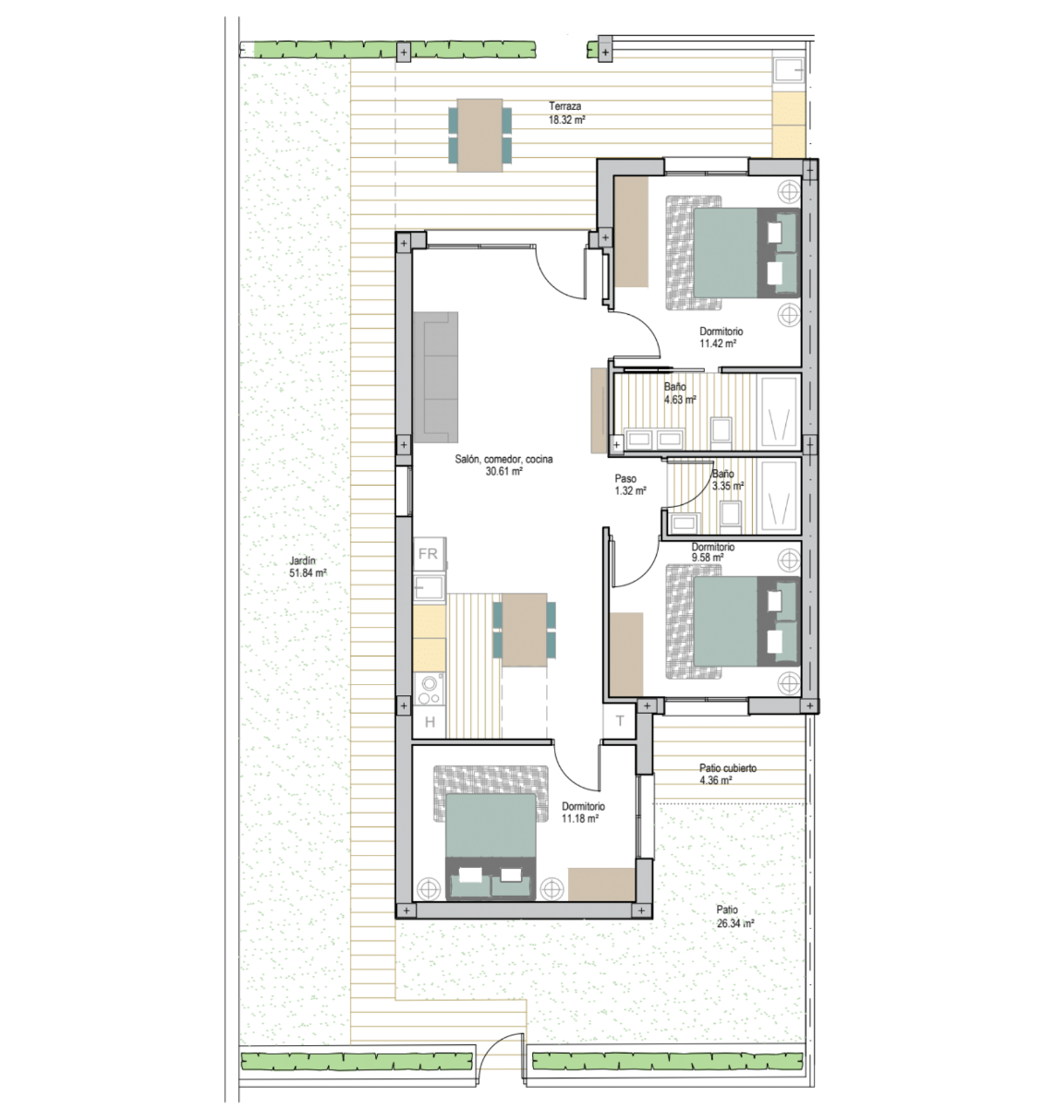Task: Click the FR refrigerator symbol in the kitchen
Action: pyautogui.click(x=429, y=553)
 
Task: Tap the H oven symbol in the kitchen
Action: pyautogui.click(x=430, y=722)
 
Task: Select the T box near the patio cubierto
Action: pyautogui.click(x=619, y=721)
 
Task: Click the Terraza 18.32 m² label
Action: pyautogui.click(x=566, y=113)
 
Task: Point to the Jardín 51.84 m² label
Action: pyautogui.click(x=307, y=567)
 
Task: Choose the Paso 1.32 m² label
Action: pyautogui.click(x=630, y=484)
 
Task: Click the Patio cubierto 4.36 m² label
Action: pyautogui.click(x=728, y=774)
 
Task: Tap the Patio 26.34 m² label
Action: pyautogui.click(x=734, y=917)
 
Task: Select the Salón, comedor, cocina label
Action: pyautogui.click(x=503, y=459)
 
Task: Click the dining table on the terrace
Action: pyautogui.click(x=479, y=135)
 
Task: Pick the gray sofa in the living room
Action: pyautogui.click(x=435, y=377)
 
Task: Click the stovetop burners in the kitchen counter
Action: pyautogui.click(x=430, y=689)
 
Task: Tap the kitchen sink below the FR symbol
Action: pyautogui.click(x=430, y=588)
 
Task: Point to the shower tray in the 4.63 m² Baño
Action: pyautogui.click(x=779, y=412)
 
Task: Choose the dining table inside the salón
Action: pyautogui.click(x=525, y=630)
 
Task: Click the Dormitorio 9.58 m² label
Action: pyautogui.click(x=712, y=552)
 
